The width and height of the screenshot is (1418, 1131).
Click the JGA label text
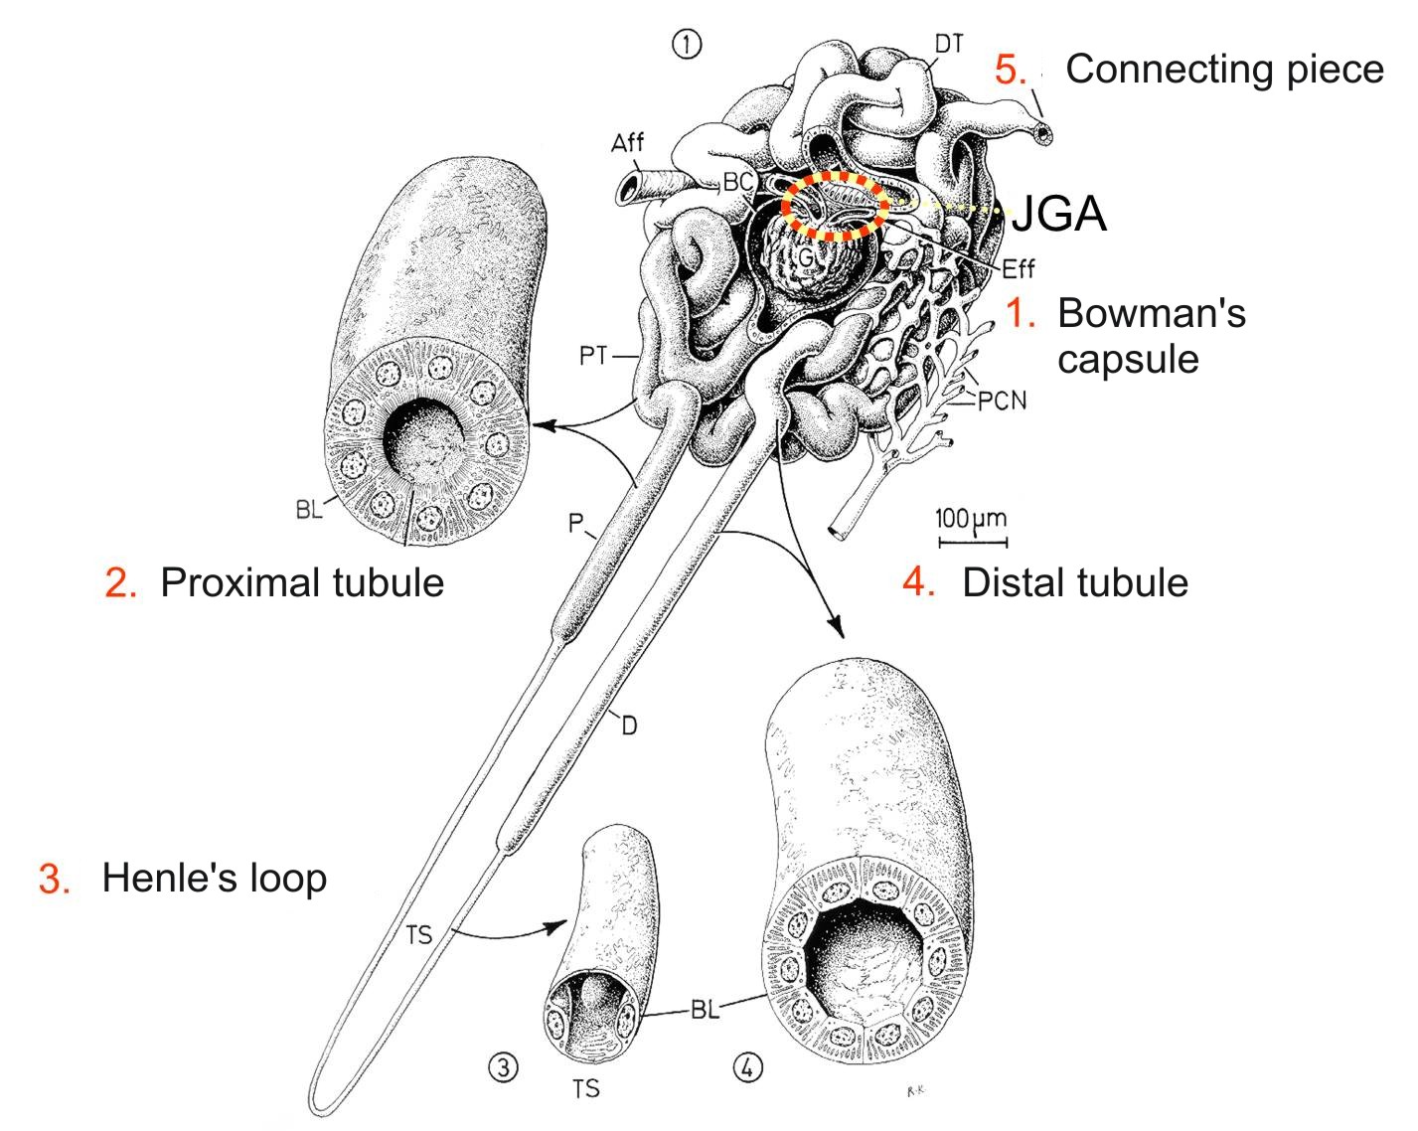tap(1058, 213)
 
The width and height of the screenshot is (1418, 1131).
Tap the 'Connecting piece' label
tap(1224, 69)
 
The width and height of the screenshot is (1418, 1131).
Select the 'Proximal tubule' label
tap(301, 581)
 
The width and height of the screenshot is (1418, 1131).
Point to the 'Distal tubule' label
tap(1074, 581)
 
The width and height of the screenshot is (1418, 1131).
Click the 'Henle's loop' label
tap(214, 878)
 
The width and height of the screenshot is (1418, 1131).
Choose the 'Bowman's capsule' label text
tap(1151, 335)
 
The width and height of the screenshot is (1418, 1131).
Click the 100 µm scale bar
tap(973, 542)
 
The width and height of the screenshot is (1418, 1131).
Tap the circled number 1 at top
tap(687, 44)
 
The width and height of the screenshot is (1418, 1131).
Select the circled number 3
tap(504, 1067)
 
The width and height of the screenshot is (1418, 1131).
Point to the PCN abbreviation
tap(1001, 402)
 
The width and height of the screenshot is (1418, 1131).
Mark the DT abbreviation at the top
tap(949, 44)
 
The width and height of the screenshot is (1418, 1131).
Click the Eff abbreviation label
tap(1019, 269)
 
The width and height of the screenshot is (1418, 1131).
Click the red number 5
tap(1011, 70)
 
